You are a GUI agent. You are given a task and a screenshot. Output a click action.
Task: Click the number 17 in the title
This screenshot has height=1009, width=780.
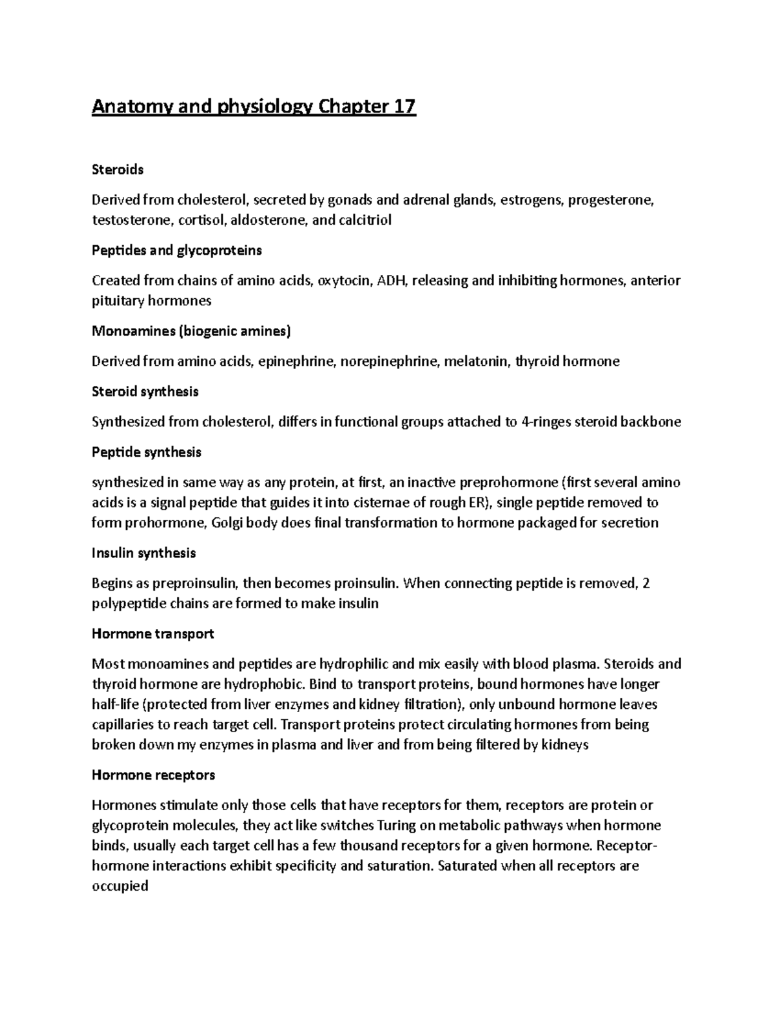coord(402,107)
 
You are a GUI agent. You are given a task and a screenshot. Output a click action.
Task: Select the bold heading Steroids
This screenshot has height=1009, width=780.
coord(118,170)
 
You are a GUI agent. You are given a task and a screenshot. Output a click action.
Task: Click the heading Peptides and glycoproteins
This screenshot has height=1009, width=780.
coord(177,250)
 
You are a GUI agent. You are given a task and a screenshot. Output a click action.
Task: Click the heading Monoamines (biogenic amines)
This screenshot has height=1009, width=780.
coord(191,331)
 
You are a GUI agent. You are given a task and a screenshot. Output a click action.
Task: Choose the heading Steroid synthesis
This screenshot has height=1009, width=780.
coord(145,392)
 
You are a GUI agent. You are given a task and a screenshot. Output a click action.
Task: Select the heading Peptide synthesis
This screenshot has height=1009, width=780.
coord(146,452)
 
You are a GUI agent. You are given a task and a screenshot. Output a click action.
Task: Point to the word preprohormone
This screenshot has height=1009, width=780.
coord(509,483)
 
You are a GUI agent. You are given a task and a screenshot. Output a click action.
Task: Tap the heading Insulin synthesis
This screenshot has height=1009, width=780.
coord(144,554)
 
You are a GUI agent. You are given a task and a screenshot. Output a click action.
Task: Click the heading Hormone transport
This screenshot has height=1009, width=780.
coord(153,633)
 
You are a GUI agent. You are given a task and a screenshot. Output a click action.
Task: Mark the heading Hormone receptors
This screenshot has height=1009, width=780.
coord(153,775)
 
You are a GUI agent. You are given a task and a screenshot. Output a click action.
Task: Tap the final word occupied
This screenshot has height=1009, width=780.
coord(120,886)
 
